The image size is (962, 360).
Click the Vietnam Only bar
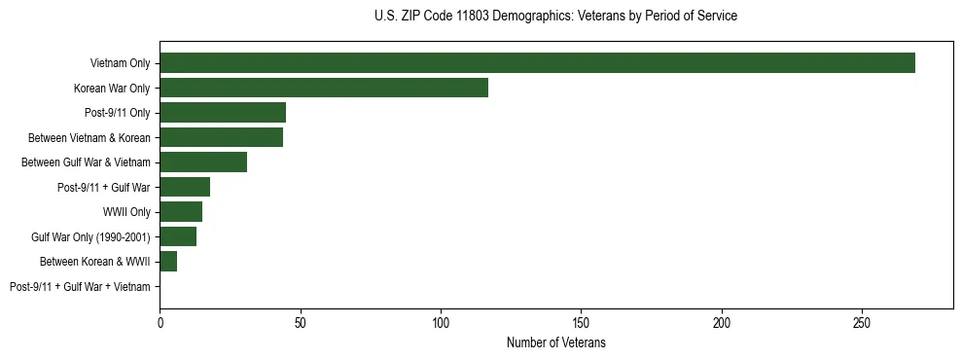(537, 63)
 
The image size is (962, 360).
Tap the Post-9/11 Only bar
(223, 113)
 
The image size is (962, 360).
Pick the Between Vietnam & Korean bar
(221, 137)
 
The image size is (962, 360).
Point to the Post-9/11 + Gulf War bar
(185, 187)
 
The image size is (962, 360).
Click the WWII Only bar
(181, 212)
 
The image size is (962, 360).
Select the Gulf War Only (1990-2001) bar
(178, 236)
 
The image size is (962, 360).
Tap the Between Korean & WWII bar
(168, 262)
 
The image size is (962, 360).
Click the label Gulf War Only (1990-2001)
(90, 237)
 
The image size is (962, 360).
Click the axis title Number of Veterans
(556, 342)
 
